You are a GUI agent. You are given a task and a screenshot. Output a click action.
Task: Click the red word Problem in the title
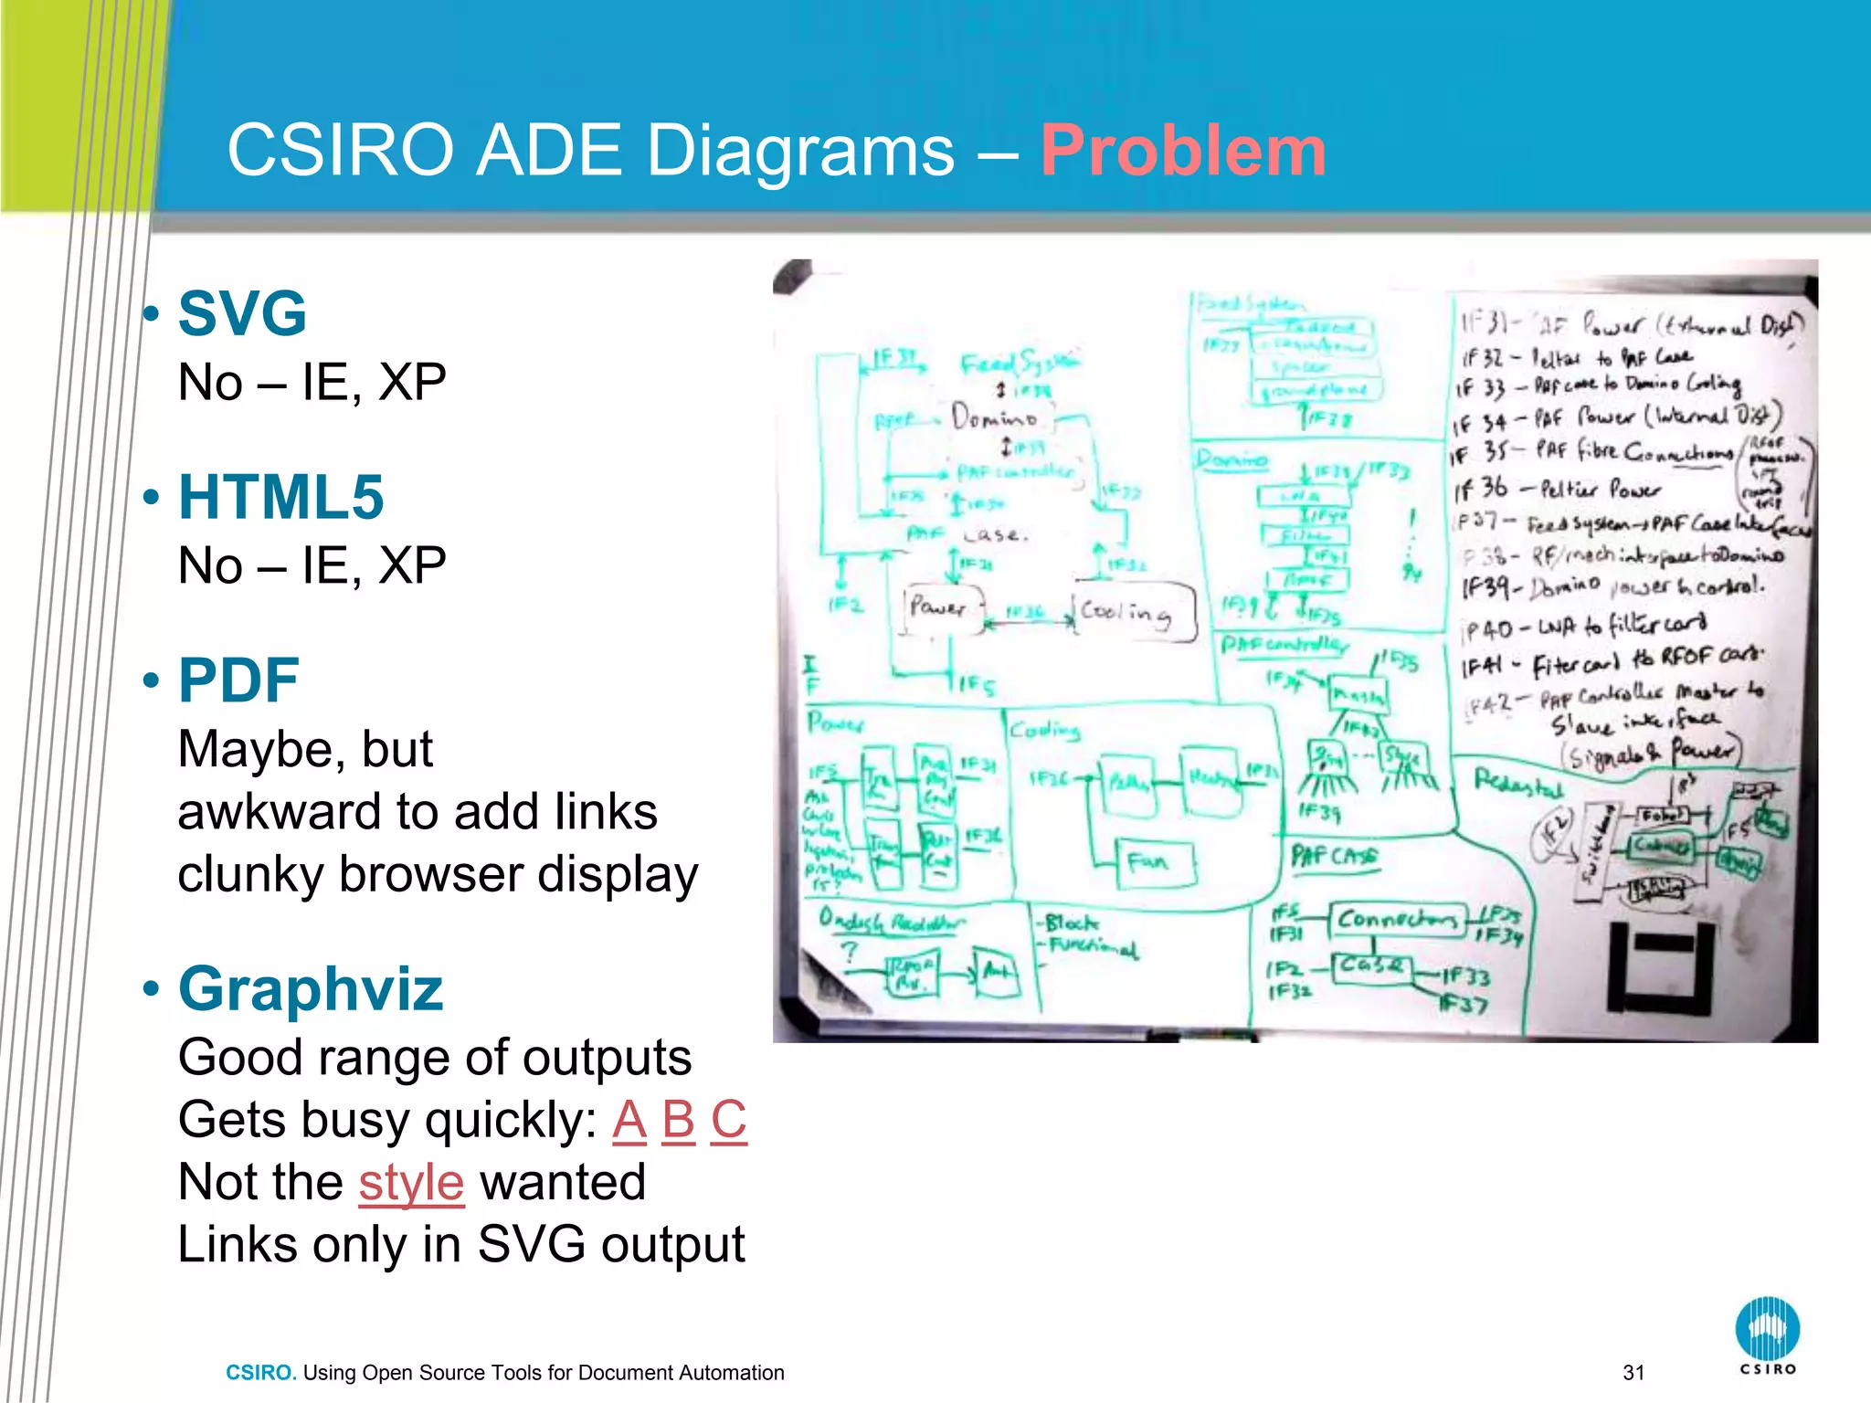1182,151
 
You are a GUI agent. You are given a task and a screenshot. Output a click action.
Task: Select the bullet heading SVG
242,313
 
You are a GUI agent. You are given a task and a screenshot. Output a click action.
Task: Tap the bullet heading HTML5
280,497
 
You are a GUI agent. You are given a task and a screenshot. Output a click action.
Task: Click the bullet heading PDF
238,680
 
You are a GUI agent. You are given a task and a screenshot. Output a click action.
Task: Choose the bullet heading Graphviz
311,989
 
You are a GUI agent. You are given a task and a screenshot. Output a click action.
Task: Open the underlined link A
629,1120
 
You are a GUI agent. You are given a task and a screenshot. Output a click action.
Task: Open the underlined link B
678,1120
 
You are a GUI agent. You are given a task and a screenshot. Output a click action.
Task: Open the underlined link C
728,1120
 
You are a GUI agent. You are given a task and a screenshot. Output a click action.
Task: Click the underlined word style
411,1183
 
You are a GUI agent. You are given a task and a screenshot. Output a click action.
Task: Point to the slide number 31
1633,1372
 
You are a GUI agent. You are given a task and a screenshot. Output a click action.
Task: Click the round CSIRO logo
1767,1329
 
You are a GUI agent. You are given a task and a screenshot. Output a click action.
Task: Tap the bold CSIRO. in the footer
260,1372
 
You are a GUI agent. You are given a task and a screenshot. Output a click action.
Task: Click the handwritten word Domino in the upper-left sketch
994,417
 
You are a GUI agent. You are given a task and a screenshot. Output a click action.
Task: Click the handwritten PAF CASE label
1333,856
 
